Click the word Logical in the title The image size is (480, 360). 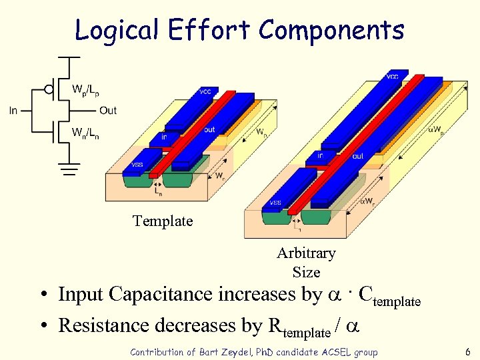pyautogui.click(x=116, y=30)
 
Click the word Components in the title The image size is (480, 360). pyautogui.click(x=331, y=30)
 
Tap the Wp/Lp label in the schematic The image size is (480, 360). pyautogui.click(x=87, y=88)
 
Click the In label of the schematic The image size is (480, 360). pyautogui.click(x=13, y=111)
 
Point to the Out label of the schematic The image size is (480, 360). pyautogui.click(x=107, y=111)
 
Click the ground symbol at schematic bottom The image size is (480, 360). pyautogui.click(x=67, y=169)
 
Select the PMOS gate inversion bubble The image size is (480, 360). pyautogui.click(x=49, y=89)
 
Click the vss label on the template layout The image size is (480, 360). pyautogui.click(x=137, y=165)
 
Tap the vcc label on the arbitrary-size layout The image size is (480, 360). pyautogui.click(x=393, y=77)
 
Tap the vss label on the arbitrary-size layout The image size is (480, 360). pyautogui.click(x=275, y=203)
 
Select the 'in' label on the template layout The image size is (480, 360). pyautogui.click(x=163, y=137)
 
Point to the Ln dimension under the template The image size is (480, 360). pyautogui.click(x=158, y=191)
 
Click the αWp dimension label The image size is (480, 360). pyautogui.click(x=435, y=128)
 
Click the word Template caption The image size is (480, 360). pyautogui.click(x=163, y=221)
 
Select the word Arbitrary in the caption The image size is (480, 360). pyautogui.click(x=306, y=253)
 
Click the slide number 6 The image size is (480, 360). pyautogui.click(x=468, y=351)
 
